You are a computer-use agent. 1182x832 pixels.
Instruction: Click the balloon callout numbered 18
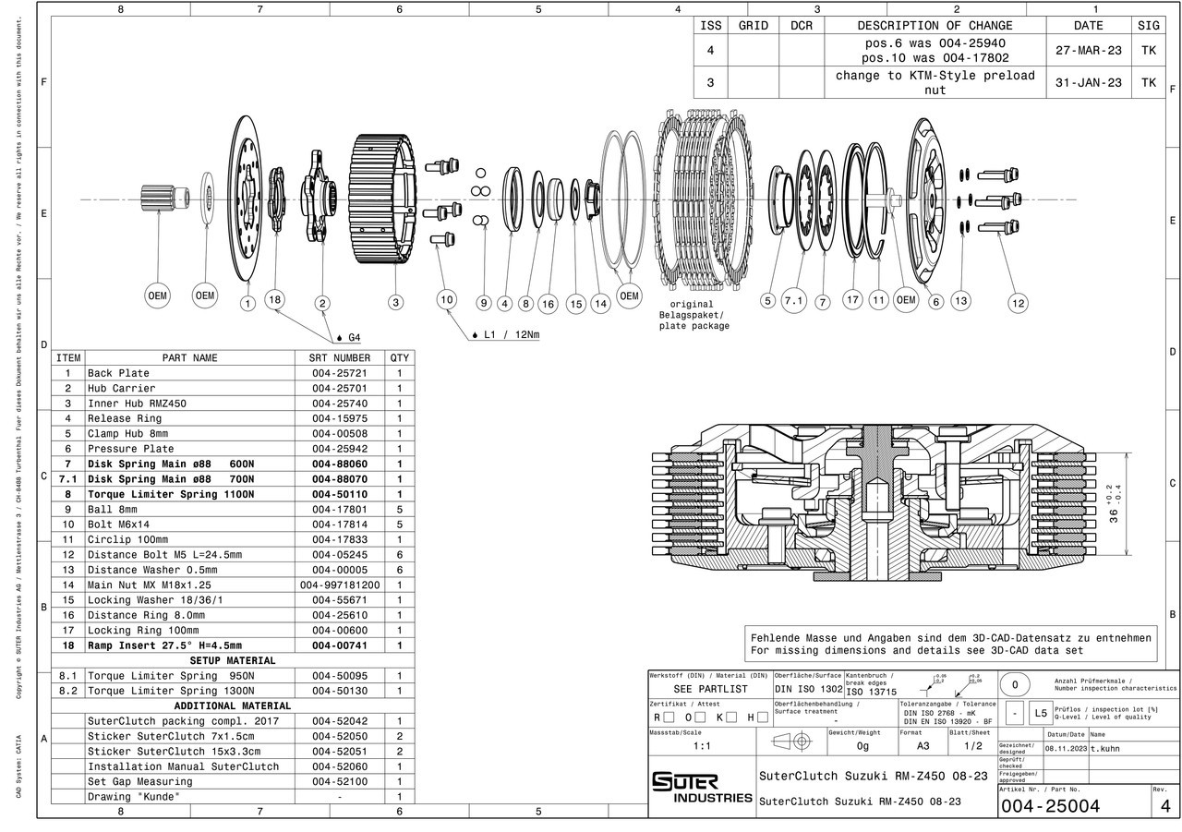(274, 298)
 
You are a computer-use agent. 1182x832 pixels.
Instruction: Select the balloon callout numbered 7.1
(794, 300)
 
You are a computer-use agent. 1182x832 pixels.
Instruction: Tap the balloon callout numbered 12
(1019, 302)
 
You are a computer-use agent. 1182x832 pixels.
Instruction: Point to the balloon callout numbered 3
(396, 302)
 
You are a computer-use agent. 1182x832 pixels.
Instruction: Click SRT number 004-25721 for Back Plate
(339, 373)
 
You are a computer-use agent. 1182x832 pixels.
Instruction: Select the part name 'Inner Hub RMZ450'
(137, 404)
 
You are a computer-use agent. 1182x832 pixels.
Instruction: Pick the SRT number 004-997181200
(339, 585)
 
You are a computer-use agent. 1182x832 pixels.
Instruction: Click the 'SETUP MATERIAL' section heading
(232, 660)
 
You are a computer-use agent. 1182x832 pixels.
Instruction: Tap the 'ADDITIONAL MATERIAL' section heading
(232, 705)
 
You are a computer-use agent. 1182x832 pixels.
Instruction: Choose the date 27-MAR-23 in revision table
(1088, 50)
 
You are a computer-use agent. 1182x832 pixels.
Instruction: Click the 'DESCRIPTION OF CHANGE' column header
(935, 26)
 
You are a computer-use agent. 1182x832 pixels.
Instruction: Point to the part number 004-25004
(1050, 806)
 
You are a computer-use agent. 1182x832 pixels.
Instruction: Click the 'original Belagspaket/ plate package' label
(693, 315)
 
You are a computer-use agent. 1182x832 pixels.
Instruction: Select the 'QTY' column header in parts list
(399, 357)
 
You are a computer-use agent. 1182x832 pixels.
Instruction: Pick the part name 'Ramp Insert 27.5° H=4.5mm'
(164, 645)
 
